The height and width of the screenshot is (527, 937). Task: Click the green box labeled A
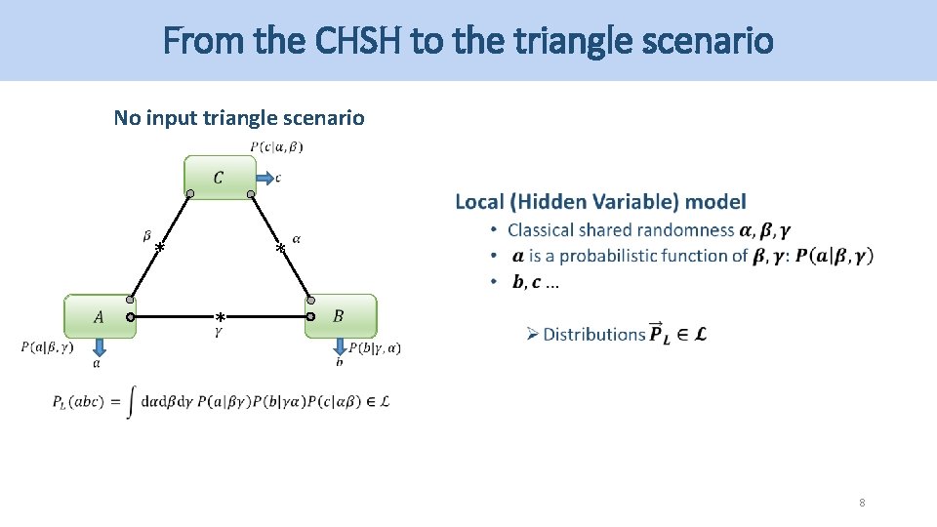coord(99,316)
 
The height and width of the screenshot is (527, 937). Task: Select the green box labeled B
coord(340,315)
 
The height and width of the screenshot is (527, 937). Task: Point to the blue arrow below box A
coord(98,346)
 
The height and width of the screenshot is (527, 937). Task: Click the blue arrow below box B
coord(340,347)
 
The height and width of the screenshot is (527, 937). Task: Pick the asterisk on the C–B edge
coord(280,249)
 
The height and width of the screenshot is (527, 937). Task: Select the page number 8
coord(862,503)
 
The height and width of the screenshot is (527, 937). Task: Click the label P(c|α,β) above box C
coord(276,147)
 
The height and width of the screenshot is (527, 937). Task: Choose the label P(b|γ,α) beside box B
coord(375,347)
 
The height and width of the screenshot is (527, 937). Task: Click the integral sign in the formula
coord(130,402)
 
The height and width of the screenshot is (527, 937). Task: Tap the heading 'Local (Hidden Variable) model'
coord(600,202)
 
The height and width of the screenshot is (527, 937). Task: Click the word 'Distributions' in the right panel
coord(593,334)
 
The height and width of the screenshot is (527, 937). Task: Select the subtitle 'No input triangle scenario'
coord(239,118)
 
